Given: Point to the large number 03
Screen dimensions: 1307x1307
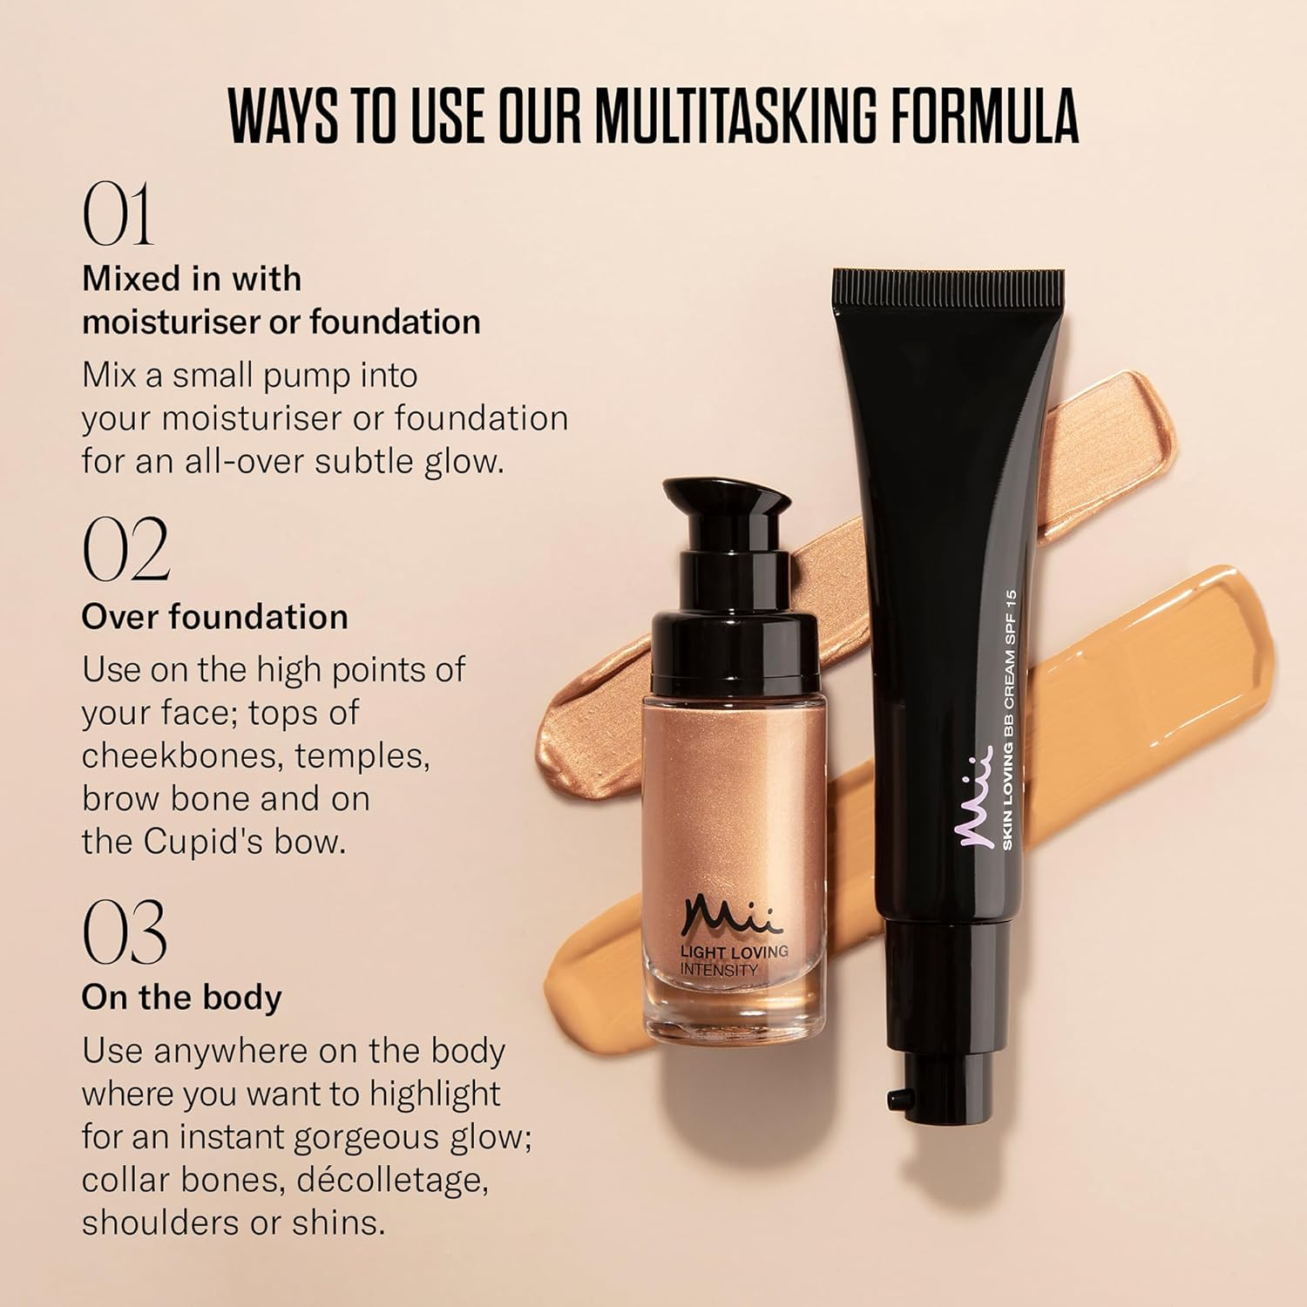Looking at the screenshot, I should pyautogui.click(x=124, y=931).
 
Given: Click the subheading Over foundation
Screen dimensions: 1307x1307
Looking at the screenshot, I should pyautogui.click(x=214, y=617).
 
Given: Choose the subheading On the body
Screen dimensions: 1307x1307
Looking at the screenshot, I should pyautogui.click(x=181, y=998).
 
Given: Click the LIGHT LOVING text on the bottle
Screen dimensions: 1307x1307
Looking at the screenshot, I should pyautogui.click(x=734, y=951).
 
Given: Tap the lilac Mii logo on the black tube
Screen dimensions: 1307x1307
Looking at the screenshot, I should pyautogui.click(x=977, y=796).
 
